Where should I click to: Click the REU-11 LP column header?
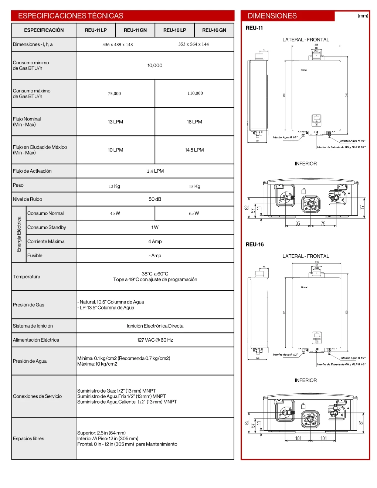(96, 30)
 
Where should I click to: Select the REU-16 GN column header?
(214, 30)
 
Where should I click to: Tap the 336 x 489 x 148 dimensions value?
(118, 45)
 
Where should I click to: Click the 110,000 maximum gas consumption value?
(195, 94)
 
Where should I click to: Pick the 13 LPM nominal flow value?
(115, 122)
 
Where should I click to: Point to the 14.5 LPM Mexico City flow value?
(194, 150)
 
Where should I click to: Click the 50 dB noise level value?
(155, 199)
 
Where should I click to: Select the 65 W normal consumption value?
(194, 213)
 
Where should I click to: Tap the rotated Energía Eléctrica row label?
(19, 234)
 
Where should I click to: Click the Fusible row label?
(35, 255)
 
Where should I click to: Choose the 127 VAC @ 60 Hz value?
(155, 340)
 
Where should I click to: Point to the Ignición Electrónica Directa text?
(155, 326)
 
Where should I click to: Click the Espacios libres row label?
(28, 439)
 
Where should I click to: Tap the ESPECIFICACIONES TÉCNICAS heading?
(71, 16)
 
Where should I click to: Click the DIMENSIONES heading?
(272, 16)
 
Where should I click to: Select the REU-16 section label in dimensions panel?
(255, 244)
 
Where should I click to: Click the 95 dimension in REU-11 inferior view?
(298, 224)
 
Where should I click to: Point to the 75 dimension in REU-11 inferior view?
(323, 224)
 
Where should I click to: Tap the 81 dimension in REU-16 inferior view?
(361, 422)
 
